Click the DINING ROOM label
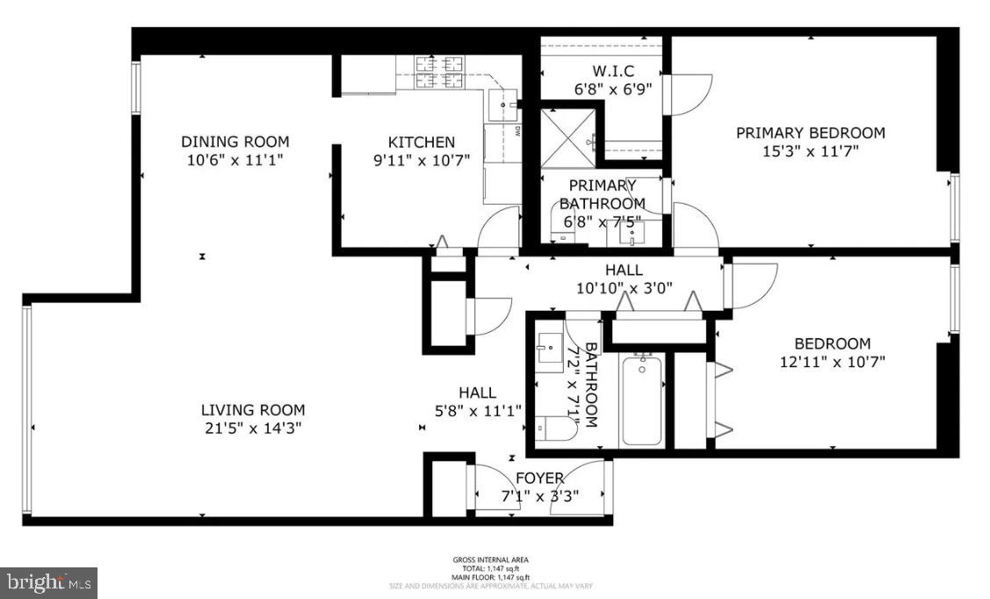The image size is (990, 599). point(235,141)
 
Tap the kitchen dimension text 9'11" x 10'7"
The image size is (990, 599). point(422,160)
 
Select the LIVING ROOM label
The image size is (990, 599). point(253,409)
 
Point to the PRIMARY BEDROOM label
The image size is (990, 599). point(810,133)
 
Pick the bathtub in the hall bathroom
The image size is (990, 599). point(643,400)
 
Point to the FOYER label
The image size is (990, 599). point(539,478)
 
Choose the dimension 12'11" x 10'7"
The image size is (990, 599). point(832,361)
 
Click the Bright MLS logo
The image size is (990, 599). point(48,581)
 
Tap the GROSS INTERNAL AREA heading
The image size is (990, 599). point(490,559)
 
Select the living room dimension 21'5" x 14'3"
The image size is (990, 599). point(253,428)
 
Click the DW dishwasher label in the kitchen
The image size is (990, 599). point(517,132)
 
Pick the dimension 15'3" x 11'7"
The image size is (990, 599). point(810,151)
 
